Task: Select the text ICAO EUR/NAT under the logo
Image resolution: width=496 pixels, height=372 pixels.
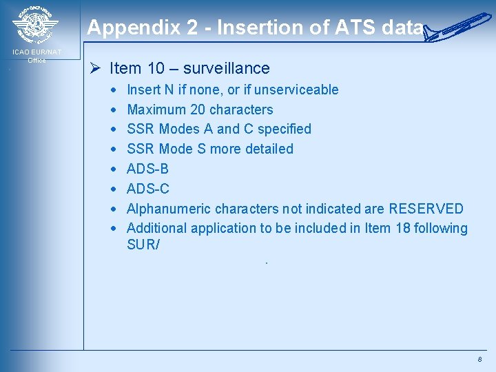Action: coord(36,52)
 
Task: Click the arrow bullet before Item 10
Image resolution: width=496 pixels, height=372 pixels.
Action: coord(97,68)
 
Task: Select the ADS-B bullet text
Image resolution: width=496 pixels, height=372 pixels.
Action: coord(148,169)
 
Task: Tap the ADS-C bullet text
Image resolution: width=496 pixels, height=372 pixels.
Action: coord(148,189)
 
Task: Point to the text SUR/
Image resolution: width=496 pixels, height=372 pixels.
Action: coord(143,244)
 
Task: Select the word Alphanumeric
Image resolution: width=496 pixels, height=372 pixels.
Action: coord(169,209)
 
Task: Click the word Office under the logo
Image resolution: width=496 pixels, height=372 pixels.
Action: coord(37,61)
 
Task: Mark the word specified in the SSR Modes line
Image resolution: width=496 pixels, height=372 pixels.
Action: coord(285,129)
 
